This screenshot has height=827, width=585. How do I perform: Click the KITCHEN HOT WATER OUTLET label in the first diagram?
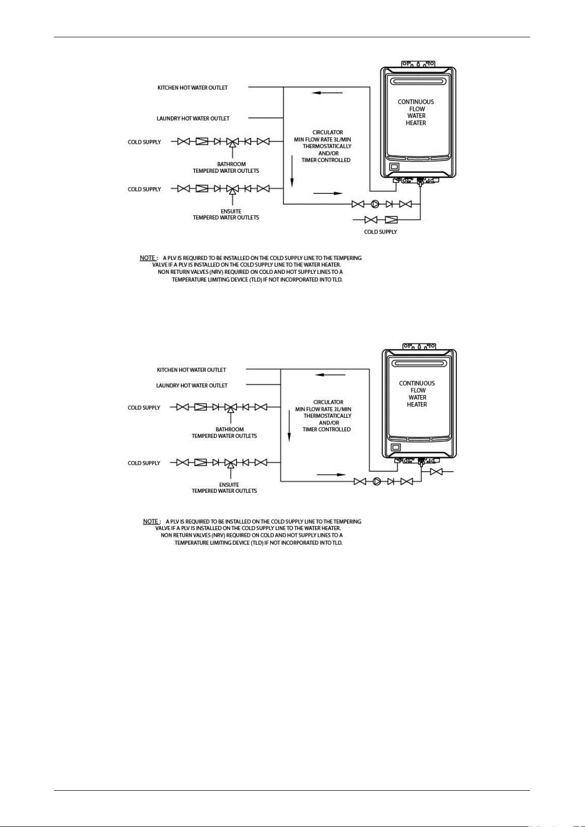[x=193, y=88]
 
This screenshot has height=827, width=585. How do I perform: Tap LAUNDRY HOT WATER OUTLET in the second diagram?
[x=192, y=385]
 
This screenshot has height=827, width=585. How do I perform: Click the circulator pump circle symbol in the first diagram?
[x=375, y=204]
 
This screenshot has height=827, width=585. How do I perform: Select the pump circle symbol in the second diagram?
[x=376, y=481]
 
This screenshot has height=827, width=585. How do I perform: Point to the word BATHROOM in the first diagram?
[x=232, y=164]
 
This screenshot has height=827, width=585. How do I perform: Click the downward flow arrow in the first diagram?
[x=292, y=171]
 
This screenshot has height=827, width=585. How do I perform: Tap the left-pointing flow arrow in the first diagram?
[x=327, y=93]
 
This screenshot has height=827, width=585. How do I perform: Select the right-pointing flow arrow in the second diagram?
[x=331, y=475]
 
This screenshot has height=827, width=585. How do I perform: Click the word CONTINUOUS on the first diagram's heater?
[x=416, y=102]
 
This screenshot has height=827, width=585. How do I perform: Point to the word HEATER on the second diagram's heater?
[x=417, y=404]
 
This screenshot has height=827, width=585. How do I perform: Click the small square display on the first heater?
[x=394, y=167]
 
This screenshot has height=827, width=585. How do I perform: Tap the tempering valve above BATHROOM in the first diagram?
[x=232, y=142]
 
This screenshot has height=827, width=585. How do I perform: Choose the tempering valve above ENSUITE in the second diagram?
[x=231, y=463]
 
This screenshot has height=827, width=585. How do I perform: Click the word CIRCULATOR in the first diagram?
[x=327, y=132]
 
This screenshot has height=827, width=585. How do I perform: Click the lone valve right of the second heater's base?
[x=436, y=472]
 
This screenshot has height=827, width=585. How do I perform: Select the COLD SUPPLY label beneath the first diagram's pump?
[x=380, y=232]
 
